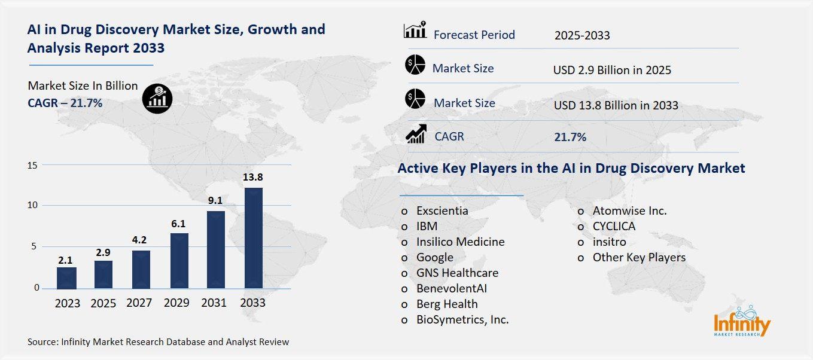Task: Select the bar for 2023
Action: pos(67,278)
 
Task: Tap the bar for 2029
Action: pos(179,261)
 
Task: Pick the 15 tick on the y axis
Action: pos(34,165)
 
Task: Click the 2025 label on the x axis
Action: pos(103,303)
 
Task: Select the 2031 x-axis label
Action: pos(214,303)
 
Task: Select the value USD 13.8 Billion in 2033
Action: pos(616,105)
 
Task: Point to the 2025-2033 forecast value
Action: pos(582,35)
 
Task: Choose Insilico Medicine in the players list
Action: pos(460,242)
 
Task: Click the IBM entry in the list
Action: pos(427,226)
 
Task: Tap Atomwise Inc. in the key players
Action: pos(629,210)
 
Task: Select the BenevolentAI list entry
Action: pos(455,288)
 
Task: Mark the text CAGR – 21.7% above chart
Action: pos(65,103)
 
